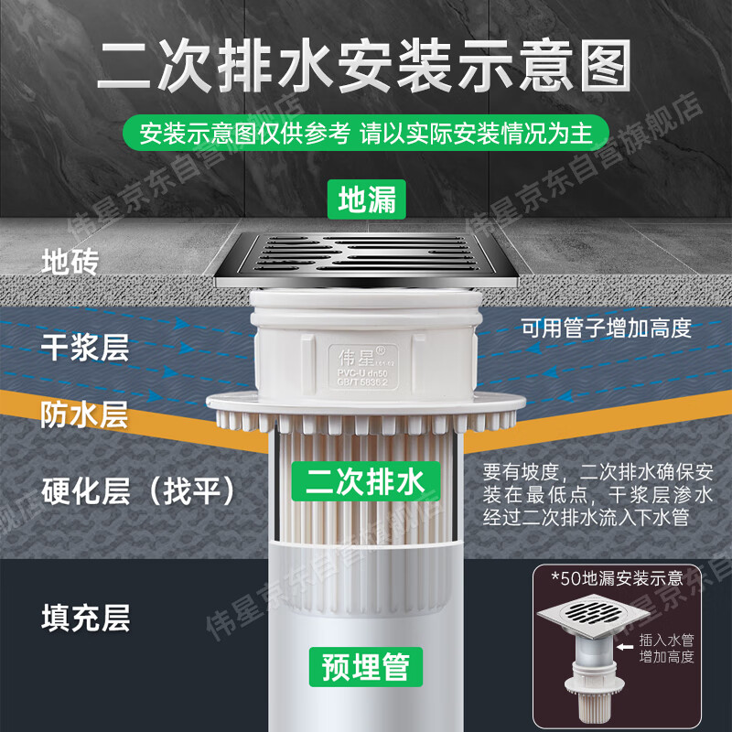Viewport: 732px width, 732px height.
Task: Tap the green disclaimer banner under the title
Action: click(366, 133)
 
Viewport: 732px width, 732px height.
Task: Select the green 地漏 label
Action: click(367, 199)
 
